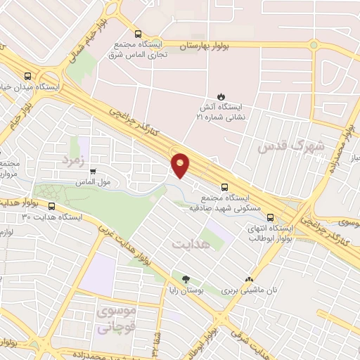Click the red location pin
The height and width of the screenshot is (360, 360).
pos(181,165)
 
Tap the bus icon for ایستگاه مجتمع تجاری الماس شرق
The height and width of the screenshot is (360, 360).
pos(137,33)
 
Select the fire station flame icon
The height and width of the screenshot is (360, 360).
pos(220,96)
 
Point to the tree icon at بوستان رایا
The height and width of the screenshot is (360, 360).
pos(186,279)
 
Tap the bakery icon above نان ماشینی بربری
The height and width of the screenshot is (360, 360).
pos(247,279)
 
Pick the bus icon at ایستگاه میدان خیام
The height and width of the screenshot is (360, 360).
pos(27,76)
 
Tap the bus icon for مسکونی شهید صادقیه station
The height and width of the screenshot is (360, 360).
pos(224,187)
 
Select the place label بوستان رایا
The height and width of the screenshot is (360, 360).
pos(186,290)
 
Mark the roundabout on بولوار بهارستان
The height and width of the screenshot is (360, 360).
pos(313,46)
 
